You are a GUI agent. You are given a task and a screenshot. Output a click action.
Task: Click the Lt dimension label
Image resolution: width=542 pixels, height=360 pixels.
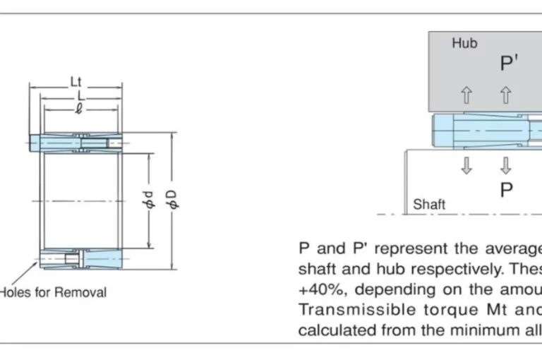pyautogui.click(x=76, y=82)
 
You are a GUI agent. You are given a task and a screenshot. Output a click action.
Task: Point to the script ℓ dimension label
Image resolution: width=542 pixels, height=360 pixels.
pyautogui.click(x=79, y=109)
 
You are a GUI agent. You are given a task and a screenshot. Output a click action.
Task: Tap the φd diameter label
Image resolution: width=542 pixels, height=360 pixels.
pyautogui.click(x=150, y=200)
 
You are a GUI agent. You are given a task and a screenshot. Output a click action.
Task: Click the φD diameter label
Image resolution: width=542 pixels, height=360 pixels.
pyautogui.click(x=173, y=200)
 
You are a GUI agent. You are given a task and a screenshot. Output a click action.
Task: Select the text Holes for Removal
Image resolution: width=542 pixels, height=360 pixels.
pyautogui.click(x=53, y=292)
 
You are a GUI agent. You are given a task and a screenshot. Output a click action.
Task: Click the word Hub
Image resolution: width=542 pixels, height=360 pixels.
pyautogui.click(x=464, y=43)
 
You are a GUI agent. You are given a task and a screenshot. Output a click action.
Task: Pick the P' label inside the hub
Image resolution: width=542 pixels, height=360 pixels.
pyautogui.click(x=509, y=63)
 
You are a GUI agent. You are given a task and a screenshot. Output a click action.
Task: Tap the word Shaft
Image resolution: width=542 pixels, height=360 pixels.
pyautogui.click(x=429, y=205)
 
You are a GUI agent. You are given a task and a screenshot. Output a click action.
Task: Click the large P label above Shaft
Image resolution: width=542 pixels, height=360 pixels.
pyautogui.click(x=507, y=190)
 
